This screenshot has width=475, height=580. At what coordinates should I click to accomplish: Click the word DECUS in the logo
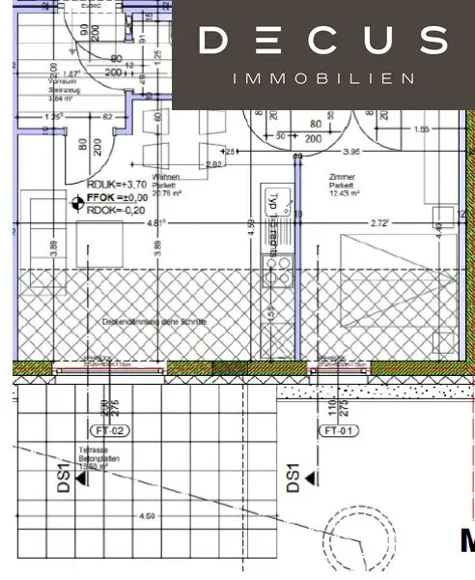322,41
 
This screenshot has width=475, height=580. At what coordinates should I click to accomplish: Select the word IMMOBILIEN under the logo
322,78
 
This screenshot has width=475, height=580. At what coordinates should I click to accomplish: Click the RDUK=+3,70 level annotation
116,184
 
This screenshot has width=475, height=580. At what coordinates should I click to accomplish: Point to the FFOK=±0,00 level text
120,196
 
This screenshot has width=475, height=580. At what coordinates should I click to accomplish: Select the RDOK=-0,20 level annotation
116,210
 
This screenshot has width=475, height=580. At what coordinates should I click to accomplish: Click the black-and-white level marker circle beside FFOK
78,201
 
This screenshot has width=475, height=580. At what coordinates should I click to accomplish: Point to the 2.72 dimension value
381,223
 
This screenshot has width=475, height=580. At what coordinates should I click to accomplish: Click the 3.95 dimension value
352,152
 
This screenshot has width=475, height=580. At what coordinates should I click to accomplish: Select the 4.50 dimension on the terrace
147,516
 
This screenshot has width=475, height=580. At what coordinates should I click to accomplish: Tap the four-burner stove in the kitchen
279,271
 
